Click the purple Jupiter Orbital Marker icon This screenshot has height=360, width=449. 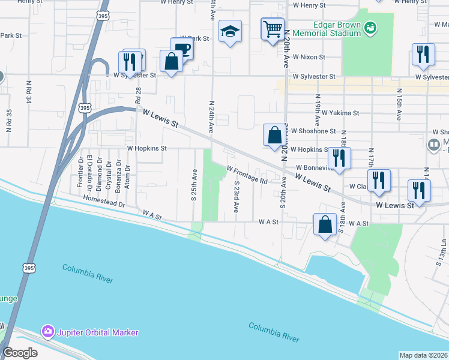point(47,332)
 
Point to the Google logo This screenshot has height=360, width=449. point(20,353)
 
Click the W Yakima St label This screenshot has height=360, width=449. point(340,112)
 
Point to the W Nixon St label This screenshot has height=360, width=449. point(309,57)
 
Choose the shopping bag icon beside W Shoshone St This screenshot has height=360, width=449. point(274,134)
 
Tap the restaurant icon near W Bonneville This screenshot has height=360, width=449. point(340,158)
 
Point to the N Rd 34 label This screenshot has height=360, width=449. point(28,92)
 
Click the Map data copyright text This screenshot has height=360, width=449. point(423,355)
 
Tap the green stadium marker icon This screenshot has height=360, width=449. point(372,27)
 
